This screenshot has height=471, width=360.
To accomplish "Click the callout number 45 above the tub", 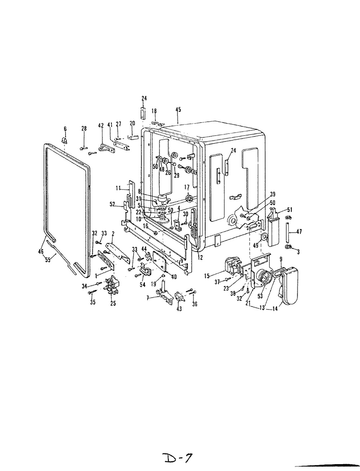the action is click(x=178, y=109).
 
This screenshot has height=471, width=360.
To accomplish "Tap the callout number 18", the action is click(x=154, y=111).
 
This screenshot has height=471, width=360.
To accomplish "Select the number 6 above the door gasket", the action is click(x=65, y=129).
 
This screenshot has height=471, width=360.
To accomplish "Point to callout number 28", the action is click(x=84, y=128).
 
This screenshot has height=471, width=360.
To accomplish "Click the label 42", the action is click(x=101, y=125).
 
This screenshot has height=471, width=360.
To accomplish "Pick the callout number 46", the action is click(x=41, y=252).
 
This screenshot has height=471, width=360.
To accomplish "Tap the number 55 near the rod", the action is click(x=48, y=260).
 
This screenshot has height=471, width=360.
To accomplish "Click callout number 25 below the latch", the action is click(x=113, y=303).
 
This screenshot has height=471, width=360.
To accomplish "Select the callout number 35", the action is click(x=93, y=302).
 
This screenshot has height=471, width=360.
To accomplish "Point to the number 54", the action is click(x=143, y=285).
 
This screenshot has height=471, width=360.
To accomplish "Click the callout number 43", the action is click(x=179, y=309).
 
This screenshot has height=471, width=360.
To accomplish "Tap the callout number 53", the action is click(x=260, y=296).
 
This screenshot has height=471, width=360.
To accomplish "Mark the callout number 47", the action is click(x=299, y=232).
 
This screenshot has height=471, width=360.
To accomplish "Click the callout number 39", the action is click(x=273, y=194).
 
